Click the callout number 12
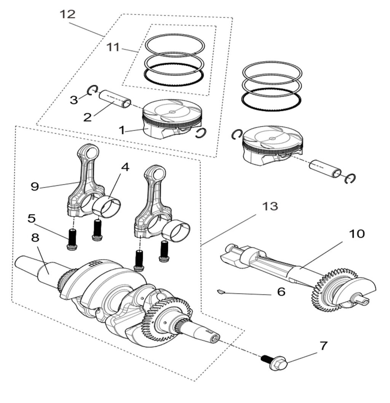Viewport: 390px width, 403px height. [68, 14]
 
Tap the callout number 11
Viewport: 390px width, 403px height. [113, 48]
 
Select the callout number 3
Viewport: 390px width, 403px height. [74, 100]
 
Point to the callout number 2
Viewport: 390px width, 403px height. [87, 117]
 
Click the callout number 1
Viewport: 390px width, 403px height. [121, 130]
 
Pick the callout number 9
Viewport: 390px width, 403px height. [35, 187]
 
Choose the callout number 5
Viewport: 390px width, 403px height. [32, 219]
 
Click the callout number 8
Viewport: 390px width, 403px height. [35, 238]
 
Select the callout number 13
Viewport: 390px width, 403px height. [269, 206]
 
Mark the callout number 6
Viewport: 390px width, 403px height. [281, 292]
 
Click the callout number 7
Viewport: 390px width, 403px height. [323, 346]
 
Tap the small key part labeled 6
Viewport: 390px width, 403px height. [219, 292]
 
